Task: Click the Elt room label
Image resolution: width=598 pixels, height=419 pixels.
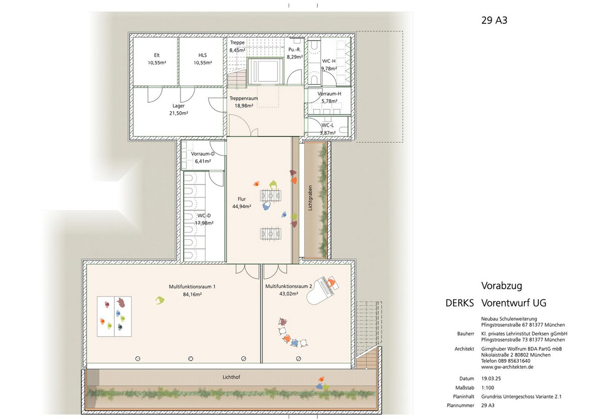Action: tap(156, 55)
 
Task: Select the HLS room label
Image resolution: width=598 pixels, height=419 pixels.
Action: tap(203, 55)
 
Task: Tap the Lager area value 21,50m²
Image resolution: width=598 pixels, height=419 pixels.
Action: tap(178, 113)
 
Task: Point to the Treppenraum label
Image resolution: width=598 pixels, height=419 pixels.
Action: tap(244, 98)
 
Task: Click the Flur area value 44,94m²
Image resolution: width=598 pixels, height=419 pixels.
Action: tap(242, 207)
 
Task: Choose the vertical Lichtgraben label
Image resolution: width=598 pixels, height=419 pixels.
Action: tap(310, 198)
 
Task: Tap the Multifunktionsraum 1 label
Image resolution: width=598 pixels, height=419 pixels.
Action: tap(192, 287)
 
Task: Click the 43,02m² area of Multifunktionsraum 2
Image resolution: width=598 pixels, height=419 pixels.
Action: tap(289, 294)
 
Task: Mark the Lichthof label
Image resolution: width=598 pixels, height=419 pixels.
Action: tap(231, 377)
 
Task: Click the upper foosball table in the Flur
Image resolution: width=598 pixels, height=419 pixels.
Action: tap(271, 196)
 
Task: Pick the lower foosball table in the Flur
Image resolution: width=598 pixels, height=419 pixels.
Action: tap(271, 234)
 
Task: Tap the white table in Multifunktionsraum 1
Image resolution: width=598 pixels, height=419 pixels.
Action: tap(114, 316)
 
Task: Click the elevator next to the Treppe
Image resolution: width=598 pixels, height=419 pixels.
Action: tap(265, 71)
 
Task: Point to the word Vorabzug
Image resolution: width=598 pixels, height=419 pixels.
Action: tap(502, 286)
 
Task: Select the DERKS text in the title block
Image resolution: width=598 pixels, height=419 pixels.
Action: tap(459, 303)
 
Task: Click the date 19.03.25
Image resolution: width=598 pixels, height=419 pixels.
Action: tap(491, 379)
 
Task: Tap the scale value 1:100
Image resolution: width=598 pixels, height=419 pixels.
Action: tap(488, 388)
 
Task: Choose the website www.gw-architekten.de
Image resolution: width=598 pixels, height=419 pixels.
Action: tap(507, 367)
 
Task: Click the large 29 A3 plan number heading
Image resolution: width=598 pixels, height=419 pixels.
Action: tap(494, 20)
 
